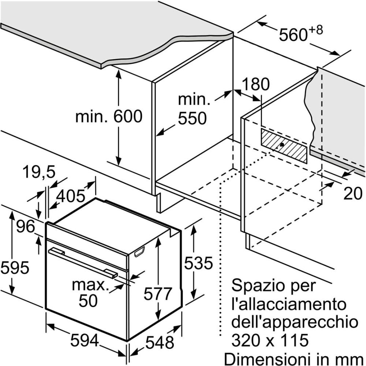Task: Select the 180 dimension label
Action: [255, 84]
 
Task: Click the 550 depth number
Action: [192, 118]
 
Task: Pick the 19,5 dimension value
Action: [39, 172]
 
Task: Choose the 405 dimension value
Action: [71, 195]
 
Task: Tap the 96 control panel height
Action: [26, 226]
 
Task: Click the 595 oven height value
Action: [15, 267]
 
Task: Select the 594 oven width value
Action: [85, 340]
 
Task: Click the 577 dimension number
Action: [158, 294]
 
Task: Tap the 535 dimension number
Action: [198, 263]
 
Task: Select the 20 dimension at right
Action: [353, 193]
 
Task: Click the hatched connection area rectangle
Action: [284, 146]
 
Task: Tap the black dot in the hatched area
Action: [282, 145]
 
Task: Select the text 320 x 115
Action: [270, 340]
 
